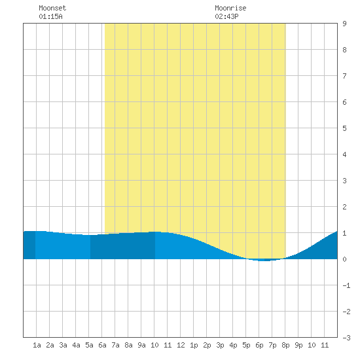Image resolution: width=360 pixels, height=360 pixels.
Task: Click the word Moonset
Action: point(52,8)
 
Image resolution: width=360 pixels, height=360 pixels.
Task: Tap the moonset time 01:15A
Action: point(50,16)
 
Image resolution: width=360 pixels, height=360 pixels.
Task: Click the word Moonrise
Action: point(230,8)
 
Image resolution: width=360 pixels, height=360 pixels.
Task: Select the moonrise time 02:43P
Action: point(226,16)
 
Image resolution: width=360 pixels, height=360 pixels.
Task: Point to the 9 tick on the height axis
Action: point(344,24)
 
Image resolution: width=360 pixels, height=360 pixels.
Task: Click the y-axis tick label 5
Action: point(344,128)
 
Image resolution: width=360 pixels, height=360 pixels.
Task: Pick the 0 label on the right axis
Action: point(344,259)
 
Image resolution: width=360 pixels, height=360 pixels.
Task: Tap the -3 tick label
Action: point(346,338)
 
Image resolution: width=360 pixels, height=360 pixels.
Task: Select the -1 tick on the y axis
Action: point(346,285)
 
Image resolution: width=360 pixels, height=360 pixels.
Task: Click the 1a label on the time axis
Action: point(37,345)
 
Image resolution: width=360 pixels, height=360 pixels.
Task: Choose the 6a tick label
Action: point(102,345)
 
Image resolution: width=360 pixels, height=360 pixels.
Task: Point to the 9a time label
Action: point(141,345)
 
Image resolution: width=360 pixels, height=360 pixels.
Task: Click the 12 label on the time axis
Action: point(181,345)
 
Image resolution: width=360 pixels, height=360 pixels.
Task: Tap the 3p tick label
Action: point(220,345)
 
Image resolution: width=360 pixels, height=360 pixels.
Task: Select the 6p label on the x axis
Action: point(259,345)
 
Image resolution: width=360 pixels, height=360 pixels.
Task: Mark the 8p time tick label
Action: point(285,345)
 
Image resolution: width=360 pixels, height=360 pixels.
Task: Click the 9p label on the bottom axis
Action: point(298,345)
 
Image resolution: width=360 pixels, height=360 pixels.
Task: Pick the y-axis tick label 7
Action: point(344,76)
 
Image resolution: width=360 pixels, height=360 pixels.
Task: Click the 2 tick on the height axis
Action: point(344,207)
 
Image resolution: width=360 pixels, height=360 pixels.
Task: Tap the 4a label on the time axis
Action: point(76,345)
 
